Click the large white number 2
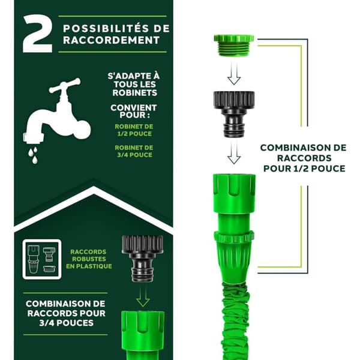[37, 34]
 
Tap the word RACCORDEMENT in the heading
[112, 40]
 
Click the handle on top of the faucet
[65, 85]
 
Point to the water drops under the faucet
[33, 155]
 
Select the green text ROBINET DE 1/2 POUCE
[134, 130]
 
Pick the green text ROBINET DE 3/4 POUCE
[134, 151]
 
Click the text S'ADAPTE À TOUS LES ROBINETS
[134, 85]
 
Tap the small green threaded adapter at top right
[234, 46]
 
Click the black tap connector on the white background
[234, 114]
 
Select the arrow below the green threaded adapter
[234, 73]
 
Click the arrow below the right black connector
[234, 152]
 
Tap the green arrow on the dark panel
[143, 296]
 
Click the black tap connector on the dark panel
[142, 259]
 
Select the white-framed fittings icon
[42, 259]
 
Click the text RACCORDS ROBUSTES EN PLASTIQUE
[89, 259]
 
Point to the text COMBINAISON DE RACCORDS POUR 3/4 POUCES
[66, 313]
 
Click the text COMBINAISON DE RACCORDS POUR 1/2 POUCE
[304, 158]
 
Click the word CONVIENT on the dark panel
[134, 107]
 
